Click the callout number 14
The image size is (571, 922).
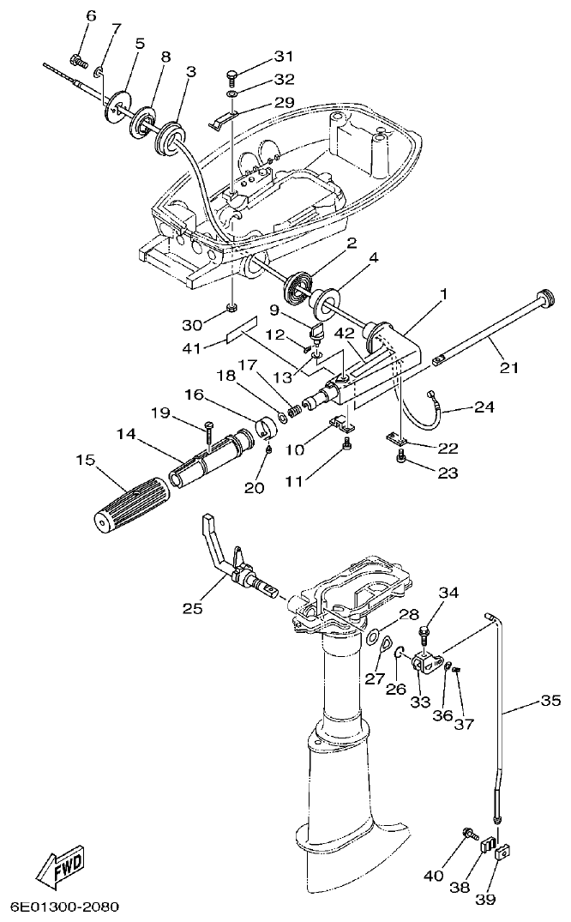tap(126, 435)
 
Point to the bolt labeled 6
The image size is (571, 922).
tap(78, 60)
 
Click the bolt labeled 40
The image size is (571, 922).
tap(468, 832)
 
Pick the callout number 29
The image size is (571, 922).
tap(284, 102)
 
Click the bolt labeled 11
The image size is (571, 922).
tap(346, 443)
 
